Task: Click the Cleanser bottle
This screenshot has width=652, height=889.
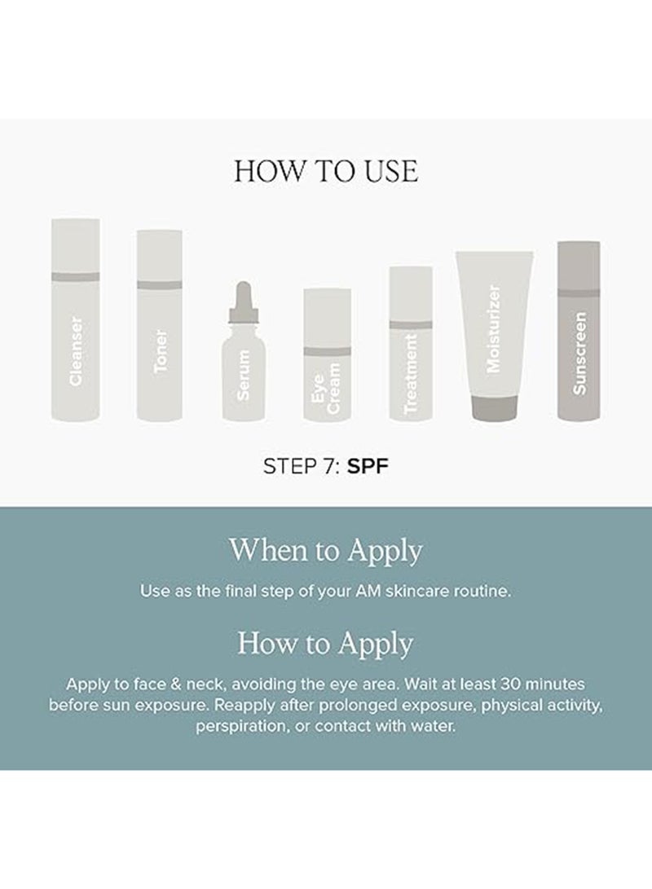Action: [x=76, y=319]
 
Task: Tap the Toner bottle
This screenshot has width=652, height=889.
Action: [x=159, y=325]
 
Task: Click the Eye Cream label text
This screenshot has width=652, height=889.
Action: [x=326, y=389]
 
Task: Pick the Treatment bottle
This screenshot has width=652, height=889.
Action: [x=411, y=344]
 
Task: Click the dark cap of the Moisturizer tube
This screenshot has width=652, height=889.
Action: [x=495, y=407]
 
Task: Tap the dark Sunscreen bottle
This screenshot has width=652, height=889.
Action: [x=579, y=331]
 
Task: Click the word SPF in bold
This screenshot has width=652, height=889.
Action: [x=368, y=466]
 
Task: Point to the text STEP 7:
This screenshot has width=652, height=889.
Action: [x=302, y=466]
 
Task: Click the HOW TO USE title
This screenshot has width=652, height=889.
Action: [x=326, y=170]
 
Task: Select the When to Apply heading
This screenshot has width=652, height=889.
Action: [x=326, y=551]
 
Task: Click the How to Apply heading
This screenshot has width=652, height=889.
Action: [x=325, y=644]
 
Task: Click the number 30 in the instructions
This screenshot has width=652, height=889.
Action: [x=510, y=684]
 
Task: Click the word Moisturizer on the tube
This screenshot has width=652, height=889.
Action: [x=493, y=329]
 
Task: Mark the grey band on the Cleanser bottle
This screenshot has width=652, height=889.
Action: [x=76, y=277]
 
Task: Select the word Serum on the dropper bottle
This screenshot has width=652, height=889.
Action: [x=243, y=376]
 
